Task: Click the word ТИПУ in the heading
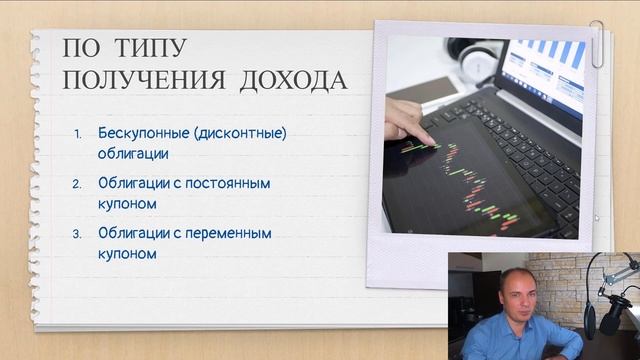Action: pos(145,48)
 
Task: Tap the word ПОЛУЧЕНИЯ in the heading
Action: pos(143,79)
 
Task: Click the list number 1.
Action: pos(80,134)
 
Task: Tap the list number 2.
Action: pos(80,184)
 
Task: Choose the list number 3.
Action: pos(80,234)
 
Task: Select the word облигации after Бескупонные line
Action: pos(134,154)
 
